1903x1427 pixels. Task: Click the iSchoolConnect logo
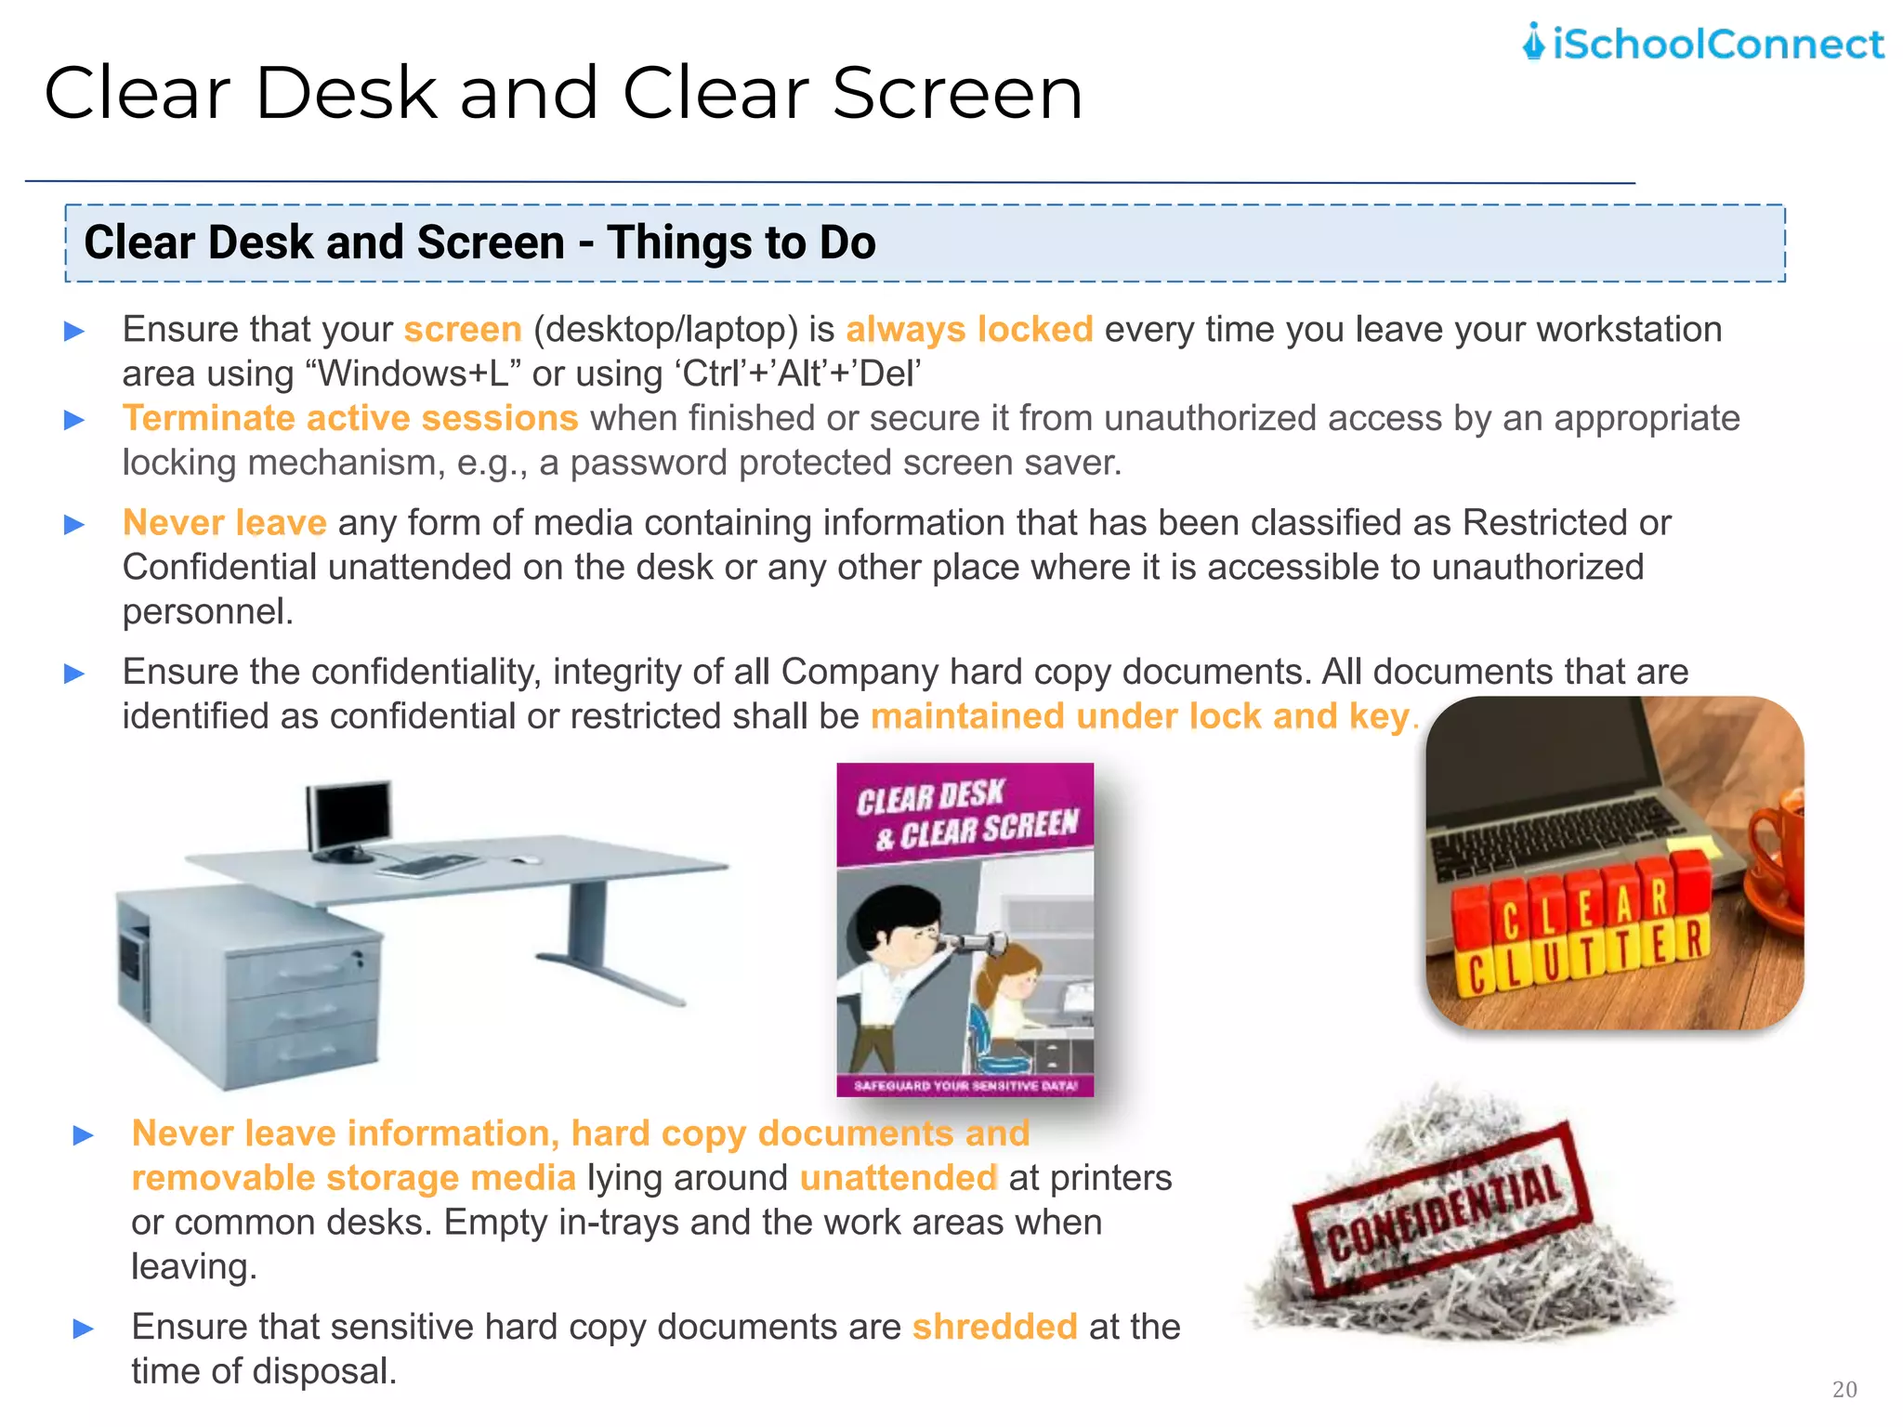pos(1702,44)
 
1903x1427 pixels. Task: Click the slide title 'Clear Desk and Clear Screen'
pos(563,94)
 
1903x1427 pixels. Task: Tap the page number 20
pos(1844,1389)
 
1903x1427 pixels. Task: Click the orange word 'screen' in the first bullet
pos(463,330)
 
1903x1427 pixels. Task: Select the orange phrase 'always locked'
pos(969,330)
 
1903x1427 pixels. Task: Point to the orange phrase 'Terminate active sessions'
pos(350,418)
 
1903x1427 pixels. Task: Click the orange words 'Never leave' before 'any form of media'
pos(224,523)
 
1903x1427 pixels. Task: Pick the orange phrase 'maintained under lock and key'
pos(1140,716)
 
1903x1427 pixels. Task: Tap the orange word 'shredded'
pos(994,1327)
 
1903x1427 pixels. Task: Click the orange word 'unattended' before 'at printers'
pos(899,1178)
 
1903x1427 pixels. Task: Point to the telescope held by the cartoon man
pos(971,946)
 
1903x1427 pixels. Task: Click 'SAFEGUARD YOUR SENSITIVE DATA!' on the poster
pos(965,1085)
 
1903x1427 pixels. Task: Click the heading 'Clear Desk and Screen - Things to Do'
pos(479,242)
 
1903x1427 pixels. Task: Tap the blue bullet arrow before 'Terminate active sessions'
pos(74,420)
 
